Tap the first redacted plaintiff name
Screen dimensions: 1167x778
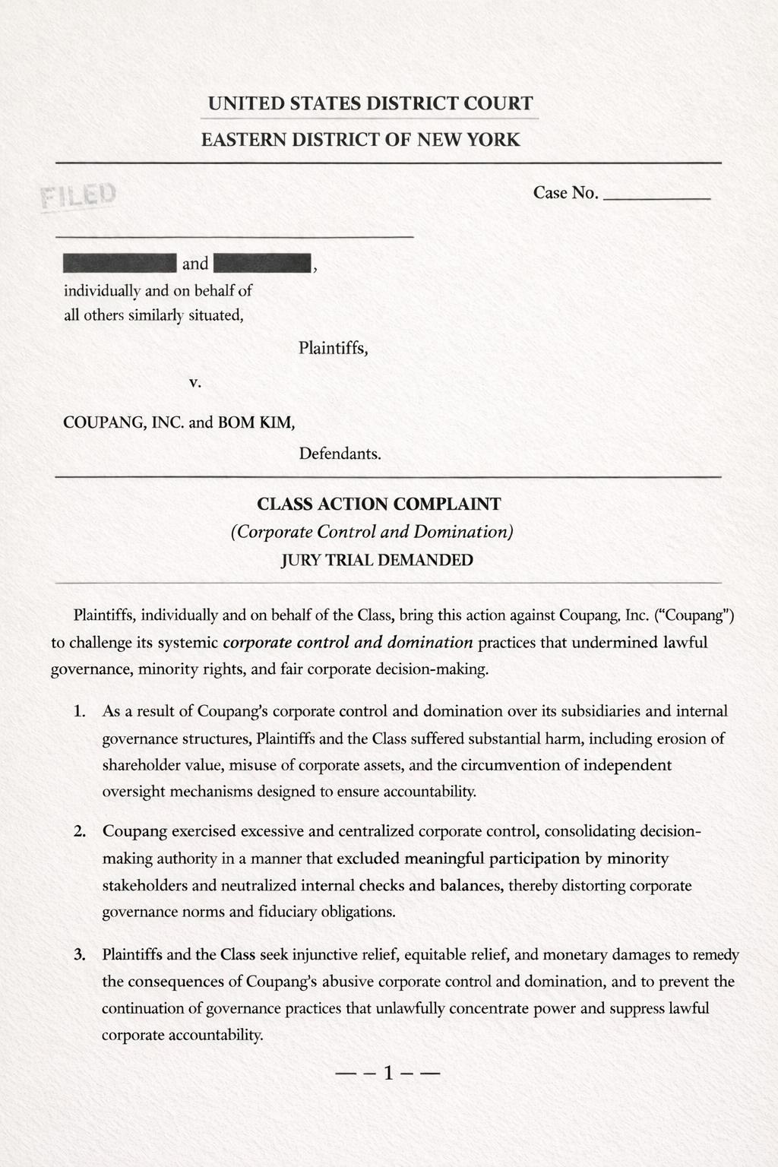click(x=120, y=264)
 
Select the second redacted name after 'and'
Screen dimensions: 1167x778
click(x=263, y=264)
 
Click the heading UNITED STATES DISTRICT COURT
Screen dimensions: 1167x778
click(x=370, y=103)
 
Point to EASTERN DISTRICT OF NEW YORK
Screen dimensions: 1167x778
click(x=361, y=140)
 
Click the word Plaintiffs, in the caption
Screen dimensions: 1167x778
click(x=334, y=349)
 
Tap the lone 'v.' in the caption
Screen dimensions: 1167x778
click(x=194, y=383)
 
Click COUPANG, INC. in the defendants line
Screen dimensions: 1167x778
click(x=124, y=422)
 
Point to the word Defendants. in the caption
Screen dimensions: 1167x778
click(x=340, y=454)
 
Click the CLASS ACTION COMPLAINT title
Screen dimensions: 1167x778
click(x=379, y=504)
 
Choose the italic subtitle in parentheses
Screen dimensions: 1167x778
click(x=372, y=532)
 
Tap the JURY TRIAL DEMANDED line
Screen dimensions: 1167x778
click(x=377, y=561)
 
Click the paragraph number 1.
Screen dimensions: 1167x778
click(x=79, y=712)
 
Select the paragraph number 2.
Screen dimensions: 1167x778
click(x=79, y=831)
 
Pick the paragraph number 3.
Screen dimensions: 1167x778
click(x=79, y=954)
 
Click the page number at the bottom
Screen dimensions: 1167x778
click(x=387, y=1074)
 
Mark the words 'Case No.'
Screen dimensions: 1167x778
click(x=566, y=193)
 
